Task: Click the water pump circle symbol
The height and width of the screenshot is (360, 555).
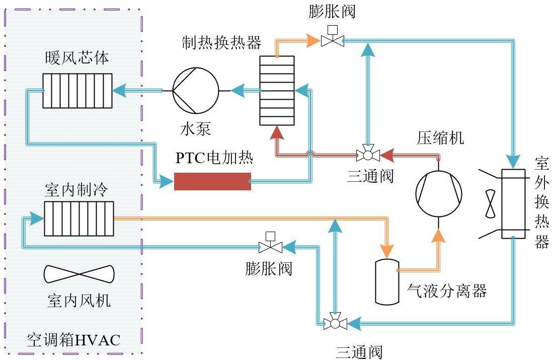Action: pos(196,91)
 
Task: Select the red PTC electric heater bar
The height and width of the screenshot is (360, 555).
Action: pos(212,181)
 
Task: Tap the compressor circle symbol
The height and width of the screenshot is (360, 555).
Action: pos(439,193)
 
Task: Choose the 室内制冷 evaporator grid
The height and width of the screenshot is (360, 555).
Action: pos(79,218)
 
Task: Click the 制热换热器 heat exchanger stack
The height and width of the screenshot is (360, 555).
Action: pos(277,90)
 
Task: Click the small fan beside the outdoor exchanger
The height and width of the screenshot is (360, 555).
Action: pos(490,204)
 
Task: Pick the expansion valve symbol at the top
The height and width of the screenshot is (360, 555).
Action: pos(333,39)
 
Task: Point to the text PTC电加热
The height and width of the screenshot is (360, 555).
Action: pos(214,158)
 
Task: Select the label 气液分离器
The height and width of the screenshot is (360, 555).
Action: pos(447,291)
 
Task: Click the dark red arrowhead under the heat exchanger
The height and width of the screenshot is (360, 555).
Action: pos(276,132)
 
